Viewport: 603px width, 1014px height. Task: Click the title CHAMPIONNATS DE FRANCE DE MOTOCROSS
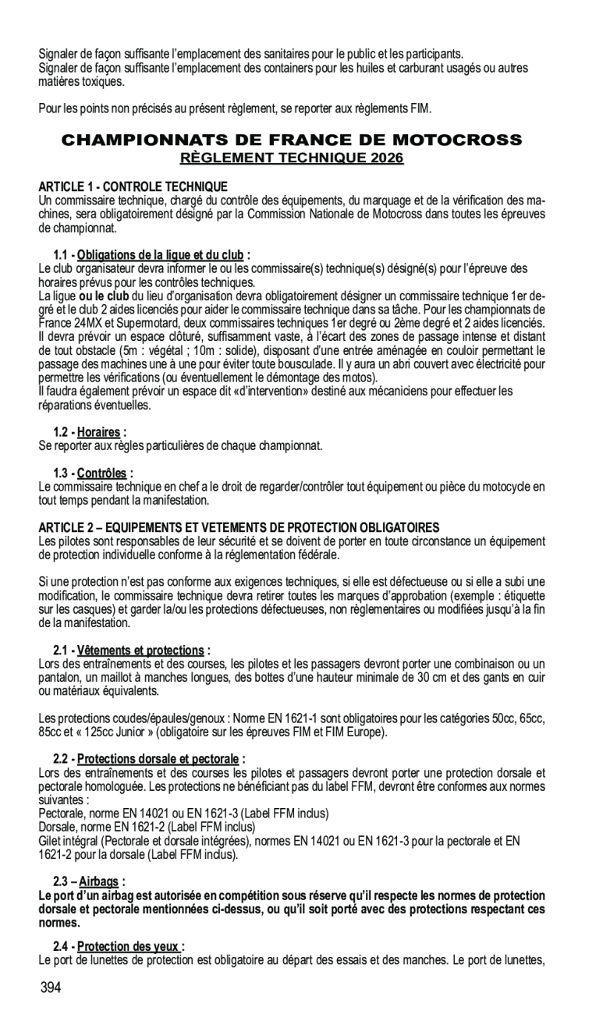[x=292, y=141]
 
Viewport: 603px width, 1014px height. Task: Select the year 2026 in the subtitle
[x=387, y=158]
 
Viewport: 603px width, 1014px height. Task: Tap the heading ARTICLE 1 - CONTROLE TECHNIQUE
[x=133, y=186]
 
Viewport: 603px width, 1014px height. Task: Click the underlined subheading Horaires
[x=98, y=432]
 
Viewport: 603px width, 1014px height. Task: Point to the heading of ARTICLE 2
[x=239, y=527]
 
